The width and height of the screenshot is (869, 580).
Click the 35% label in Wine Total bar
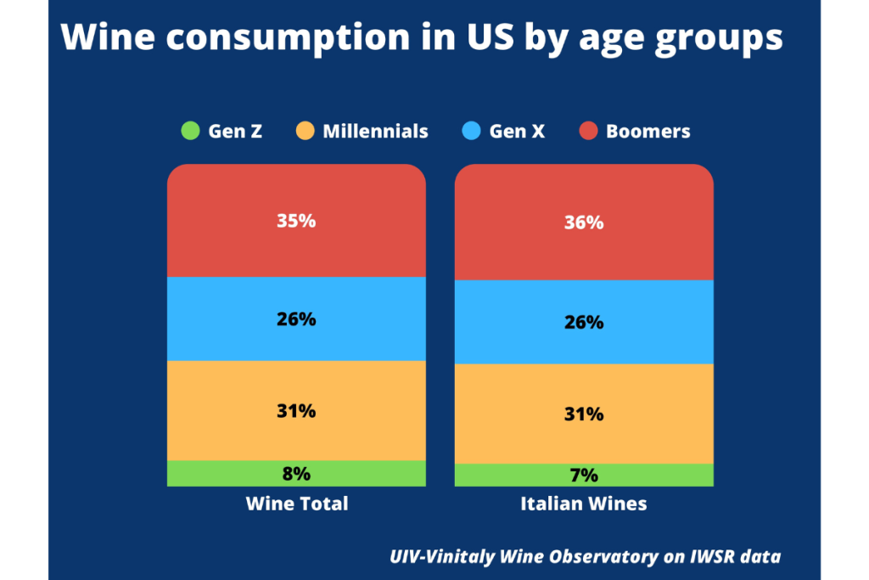(296, 221)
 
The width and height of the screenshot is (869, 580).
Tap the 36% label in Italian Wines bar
(584, 222)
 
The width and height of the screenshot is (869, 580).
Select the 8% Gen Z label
(296, 474)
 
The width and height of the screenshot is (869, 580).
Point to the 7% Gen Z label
(584, 476)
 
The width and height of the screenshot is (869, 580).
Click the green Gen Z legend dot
(189, 132)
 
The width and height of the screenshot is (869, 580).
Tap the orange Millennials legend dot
(305, 132)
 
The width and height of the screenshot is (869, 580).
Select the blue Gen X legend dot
(472, 132)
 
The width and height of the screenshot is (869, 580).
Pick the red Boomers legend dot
(588, 132)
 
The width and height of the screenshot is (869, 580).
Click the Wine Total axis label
(297, 504)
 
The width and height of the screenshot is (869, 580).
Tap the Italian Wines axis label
(584, 504)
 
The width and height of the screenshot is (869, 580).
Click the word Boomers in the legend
(648, 132)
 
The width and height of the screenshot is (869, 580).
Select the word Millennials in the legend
(375, 132)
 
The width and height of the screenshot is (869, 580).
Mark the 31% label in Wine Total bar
(296, 411)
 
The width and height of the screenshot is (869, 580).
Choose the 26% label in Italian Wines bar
(584, 323)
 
